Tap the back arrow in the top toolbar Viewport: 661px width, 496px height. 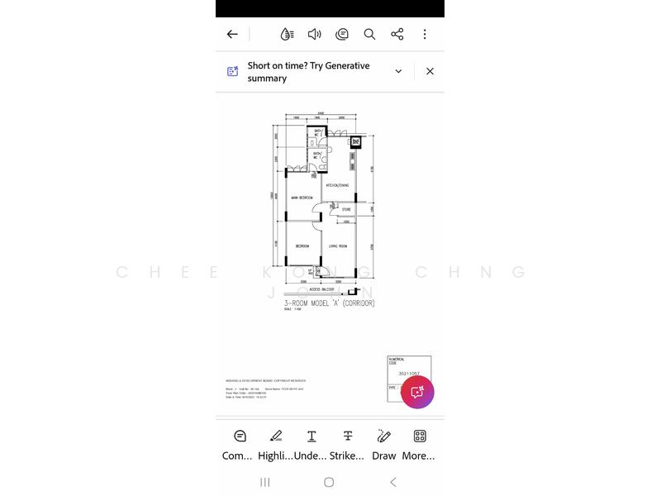[x=232, y=34]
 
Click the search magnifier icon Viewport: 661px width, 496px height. [x=369, y=34]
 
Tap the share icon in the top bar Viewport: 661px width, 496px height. [x=397, y=34]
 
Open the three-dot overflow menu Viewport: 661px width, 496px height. [x=425, y=34]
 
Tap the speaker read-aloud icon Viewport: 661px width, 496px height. [x=315, y=34]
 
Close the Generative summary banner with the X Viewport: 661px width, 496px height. [x=430, y=71]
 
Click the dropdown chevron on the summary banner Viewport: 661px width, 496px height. [x=398, y=71]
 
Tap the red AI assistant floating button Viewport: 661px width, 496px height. [x=417, y=392]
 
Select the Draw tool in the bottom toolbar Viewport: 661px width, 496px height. [x=383, y=436]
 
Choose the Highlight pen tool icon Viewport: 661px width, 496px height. [x=275, y=436]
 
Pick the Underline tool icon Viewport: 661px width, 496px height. [x=311, y=436]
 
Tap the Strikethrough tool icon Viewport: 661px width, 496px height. [x=348, y=436]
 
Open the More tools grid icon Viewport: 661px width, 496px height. [x=420, y=436]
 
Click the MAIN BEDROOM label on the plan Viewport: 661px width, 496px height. [x=302, y=198]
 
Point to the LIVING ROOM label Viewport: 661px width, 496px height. [x=337, y=246]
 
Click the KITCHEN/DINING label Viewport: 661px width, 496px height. [x=337, y=185]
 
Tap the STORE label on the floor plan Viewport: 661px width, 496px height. [x=346, y=210]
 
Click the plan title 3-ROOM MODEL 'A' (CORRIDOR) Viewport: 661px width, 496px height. [x=330, y=303]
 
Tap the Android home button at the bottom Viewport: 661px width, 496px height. [x=329, y=482]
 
